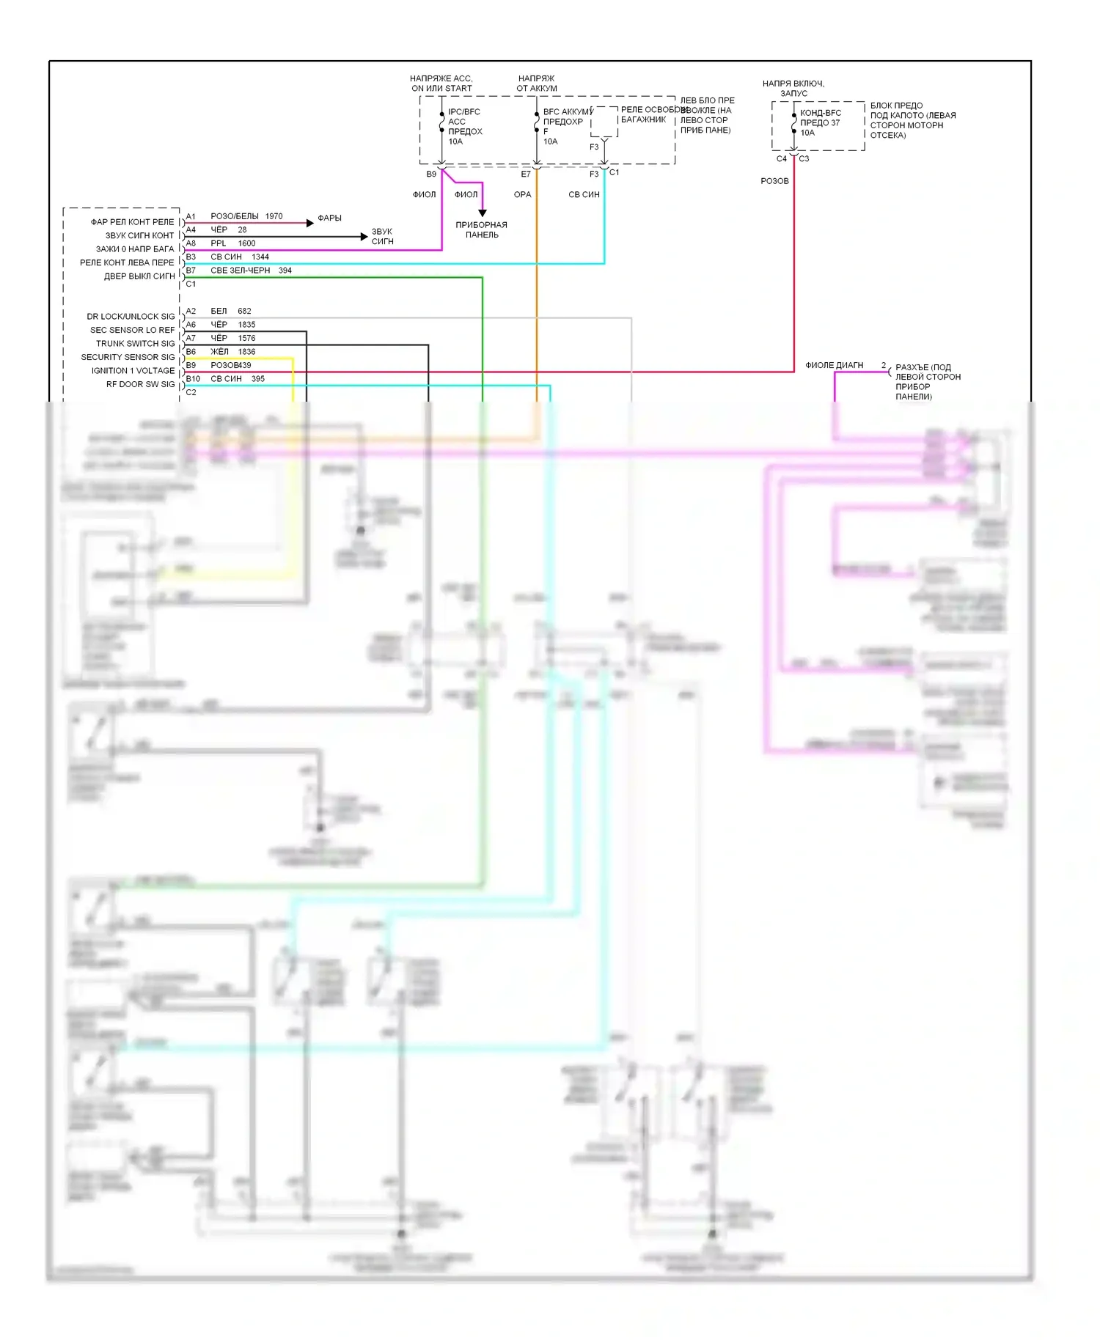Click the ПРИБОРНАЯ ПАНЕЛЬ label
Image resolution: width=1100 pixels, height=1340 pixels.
click(x=481, y=229)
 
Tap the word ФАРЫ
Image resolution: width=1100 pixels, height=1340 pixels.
click(x=329, y=218)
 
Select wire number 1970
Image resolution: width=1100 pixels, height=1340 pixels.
click(x=274, y=216)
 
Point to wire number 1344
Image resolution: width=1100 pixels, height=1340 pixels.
click(x=260, y=257)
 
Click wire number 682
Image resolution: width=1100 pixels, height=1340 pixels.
click(x=244, y=311)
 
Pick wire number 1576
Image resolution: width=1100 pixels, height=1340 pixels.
click(x=246, y=338)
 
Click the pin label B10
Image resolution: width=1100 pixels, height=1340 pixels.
click(x=193, y=379)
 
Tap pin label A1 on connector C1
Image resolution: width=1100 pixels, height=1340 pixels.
click(x=191, y=216)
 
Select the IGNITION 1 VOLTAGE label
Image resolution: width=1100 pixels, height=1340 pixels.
click(x=133, y=370)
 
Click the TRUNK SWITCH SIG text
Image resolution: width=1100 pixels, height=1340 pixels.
click(x=135, y=343)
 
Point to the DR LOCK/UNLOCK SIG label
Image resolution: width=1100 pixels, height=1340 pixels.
click(x=131, y=316)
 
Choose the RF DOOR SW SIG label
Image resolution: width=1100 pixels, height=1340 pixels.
click(x=140, y=384)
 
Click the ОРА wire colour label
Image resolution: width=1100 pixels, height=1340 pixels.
click(x=522, y=194)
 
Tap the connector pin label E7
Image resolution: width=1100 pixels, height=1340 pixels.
click(x=525, y=174)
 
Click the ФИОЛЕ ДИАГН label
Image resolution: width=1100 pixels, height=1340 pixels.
click(x=834, y=365)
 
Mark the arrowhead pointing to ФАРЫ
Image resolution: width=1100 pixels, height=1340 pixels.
click(x=310, y=223)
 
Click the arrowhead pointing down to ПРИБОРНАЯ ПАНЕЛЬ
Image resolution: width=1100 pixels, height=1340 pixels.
click(x=482, y=213)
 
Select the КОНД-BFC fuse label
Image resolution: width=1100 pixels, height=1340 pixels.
click(x=820, y=113)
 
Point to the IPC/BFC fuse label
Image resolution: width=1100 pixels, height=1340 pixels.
click(x=464, y=112)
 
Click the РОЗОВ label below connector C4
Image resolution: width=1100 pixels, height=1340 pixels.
click(x=774, y=181)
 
